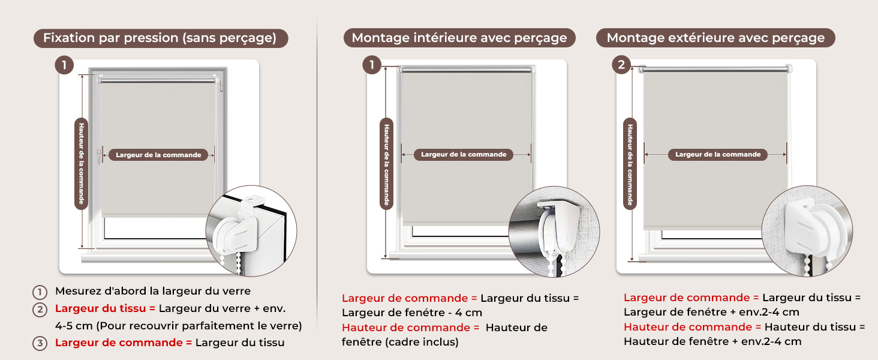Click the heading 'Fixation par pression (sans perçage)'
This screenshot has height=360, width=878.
pos(161,38)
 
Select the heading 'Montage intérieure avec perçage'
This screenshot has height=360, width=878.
pos(459,38)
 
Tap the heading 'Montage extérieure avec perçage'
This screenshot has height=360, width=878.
pos(715,38)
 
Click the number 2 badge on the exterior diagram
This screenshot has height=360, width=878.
pos(621,65)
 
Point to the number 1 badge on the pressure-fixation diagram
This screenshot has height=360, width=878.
pos(64,65)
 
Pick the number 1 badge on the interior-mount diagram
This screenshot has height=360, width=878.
pos(372,65)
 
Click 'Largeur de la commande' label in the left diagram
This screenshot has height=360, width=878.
pos(158,155)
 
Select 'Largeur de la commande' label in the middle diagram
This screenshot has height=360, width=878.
pos(464,155)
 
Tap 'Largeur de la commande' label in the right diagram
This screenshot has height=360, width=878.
pos(718,155)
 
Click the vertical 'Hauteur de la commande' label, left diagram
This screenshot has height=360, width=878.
pos(81,164)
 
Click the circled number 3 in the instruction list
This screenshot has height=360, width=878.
pos(40,344)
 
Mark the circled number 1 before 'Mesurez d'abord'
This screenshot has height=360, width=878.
pos(40,292)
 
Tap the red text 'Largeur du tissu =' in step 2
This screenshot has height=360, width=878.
pos(106,308)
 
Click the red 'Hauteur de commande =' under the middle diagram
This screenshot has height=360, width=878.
pos(411,328)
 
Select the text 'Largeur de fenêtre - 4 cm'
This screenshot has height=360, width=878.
pos(412,313)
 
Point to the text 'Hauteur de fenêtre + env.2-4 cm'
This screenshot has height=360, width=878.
pos(712,341)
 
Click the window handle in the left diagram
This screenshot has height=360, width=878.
pos(99,154)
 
